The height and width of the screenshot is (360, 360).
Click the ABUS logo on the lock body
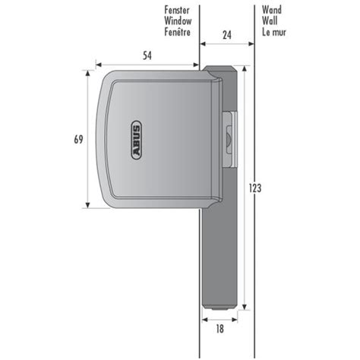coord(136,140)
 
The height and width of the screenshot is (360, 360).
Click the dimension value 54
coord(147,55)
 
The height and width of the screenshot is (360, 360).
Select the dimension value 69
coord(78,139)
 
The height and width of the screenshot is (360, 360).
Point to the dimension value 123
coord(255,188)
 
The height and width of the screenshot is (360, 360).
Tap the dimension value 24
coord(227,35)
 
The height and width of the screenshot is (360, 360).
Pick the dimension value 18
coord(219,329)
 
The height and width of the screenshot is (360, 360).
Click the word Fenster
coord(177,10)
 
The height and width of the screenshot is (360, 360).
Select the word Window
coord(178,21)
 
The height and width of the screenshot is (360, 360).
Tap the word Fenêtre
coord(178,32)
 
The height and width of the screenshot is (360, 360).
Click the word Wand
coord(272,10)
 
